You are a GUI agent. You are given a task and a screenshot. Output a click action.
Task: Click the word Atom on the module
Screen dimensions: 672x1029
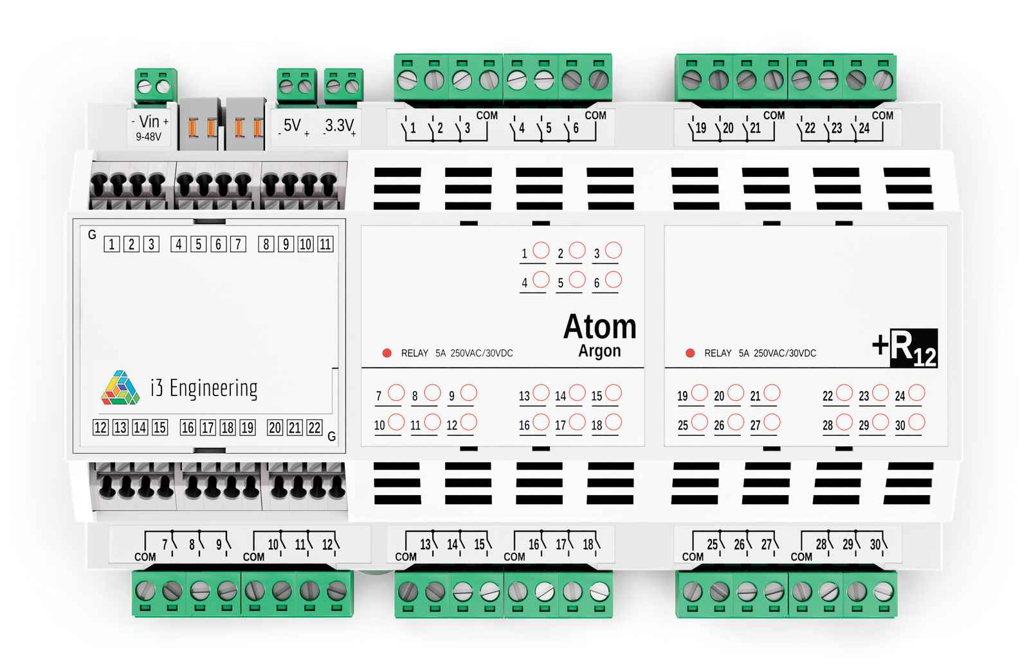point(599,327)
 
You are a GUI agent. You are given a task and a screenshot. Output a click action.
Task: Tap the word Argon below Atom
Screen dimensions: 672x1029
point(599,351)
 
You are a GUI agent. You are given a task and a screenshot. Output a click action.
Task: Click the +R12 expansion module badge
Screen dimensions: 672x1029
point(906,349)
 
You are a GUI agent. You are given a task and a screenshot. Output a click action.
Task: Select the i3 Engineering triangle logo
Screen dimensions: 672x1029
point(120,388)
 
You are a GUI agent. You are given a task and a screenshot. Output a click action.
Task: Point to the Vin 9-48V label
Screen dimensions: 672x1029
point(149,127)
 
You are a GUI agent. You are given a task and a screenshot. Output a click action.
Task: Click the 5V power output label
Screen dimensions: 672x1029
point(293,125)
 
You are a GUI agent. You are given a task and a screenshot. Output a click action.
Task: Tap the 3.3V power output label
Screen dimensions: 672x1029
point(339,125)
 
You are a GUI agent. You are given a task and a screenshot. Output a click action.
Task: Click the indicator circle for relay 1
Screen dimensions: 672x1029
point(542,250)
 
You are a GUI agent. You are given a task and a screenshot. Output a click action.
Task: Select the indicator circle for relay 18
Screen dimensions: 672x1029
point(614,422)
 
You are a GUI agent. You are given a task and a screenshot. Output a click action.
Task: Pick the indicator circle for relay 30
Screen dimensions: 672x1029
point(916,422)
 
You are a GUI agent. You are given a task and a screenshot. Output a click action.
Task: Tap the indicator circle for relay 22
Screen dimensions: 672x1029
point(844,392)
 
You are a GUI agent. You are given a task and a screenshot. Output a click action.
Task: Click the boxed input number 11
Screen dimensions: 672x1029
point(325,244)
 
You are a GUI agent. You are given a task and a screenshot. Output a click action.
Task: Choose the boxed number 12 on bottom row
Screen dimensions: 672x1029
point(100,428)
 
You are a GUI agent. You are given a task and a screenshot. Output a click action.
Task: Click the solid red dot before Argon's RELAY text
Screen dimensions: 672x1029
point(387,353)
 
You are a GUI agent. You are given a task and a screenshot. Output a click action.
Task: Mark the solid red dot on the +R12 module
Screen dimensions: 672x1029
point(690,353)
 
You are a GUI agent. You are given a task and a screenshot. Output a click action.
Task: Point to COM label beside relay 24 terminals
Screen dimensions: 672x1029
point(882,116)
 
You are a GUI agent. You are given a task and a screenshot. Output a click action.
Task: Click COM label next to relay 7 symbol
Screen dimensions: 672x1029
point(145,557)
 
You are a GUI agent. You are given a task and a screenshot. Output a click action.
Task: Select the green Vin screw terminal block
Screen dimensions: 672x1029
point(155,85)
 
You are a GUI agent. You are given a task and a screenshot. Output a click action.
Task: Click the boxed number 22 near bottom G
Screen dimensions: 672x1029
point(314,428)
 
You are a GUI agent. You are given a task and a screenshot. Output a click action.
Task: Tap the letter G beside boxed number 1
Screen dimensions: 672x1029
point(92,235)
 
